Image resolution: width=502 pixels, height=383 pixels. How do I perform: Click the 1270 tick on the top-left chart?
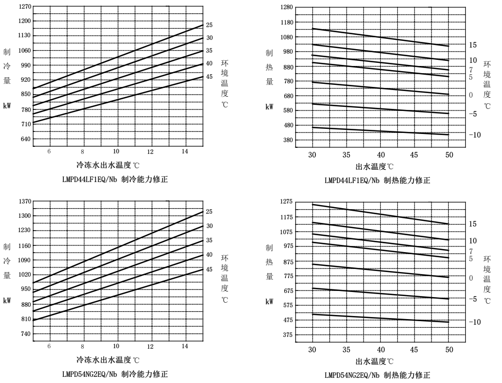tap(25, 7)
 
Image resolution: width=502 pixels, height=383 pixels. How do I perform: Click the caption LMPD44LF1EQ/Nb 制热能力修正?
tap(377, 180)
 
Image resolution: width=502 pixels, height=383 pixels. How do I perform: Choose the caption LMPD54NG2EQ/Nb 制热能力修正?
tap(377, 375)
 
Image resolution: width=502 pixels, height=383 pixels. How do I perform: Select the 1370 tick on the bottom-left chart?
tap(25, 201)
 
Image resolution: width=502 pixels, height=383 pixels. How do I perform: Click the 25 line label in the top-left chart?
tap(209, 25)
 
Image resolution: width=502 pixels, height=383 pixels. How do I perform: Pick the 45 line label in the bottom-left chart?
tap(209, 269)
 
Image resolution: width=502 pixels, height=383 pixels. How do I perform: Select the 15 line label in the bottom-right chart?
tap(473, 224)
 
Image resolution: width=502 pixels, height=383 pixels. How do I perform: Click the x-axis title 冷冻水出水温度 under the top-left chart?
tap(108, 165)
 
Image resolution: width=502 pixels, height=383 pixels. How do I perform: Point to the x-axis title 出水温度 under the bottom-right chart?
tap(375, 362)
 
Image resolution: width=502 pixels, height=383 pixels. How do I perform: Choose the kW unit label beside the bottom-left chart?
tap(7, 301)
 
